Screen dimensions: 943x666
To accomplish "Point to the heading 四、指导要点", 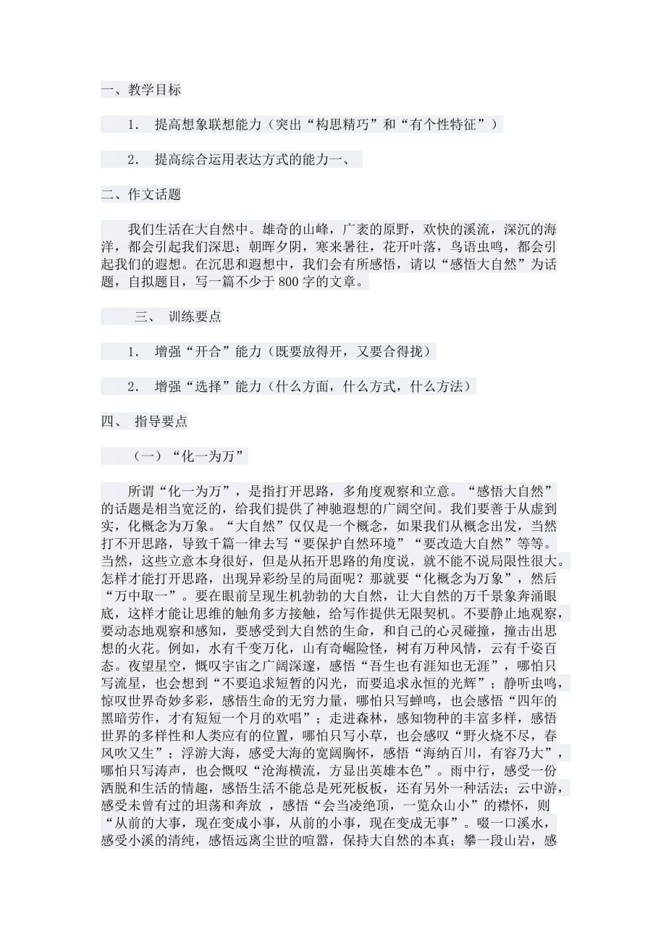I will [x=144, y=422].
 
